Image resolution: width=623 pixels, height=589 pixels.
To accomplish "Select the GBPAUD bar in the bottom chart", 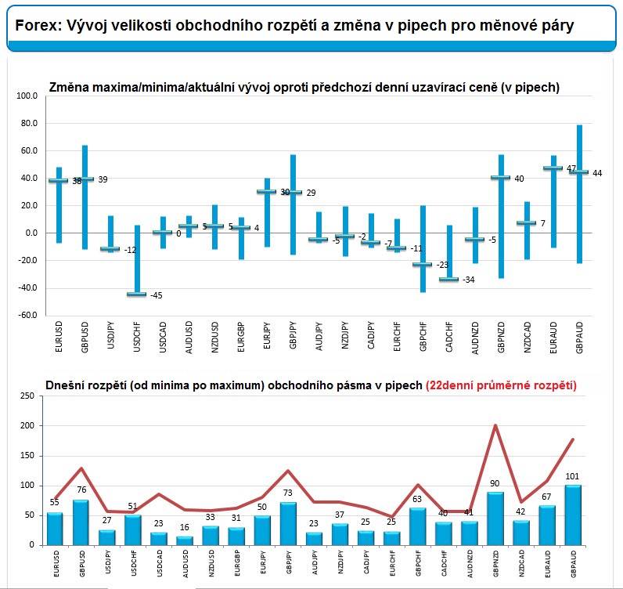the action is (x=573, y=515).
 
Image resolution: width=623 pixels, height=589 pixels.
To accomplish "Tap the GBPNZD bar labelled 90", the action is (x=495, y=519).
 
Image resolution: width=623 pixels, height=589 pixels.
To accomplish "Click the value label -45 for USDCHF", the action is (x=157, y=295).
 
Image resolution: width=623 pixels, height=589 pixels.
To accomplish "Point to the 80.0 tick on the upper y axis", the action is (x=30, y=123).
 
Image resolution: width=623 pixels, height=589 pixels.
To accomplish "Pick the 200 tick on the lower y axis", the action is (x=27, y=425).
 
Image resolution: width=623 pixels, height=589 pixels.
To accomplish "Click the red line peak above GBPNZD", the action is (x=495, y=425).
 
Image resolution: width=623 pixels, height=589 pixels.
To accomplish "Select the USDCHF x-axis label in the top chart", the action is (x=137, y=338).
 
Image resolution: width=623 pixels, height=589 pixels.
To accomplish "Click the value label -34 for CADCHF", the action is (x=469, y=280).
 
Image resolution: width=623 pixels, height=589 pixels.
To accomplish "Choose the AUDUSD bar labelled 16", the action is (x=185, y=541).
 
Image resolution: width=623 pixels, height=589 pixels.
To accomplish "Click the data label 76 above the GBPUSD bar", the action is (x=81, y=490).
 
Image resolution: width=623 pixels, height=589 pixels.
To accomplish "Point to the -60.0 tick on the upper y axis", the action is (x=27, y=315).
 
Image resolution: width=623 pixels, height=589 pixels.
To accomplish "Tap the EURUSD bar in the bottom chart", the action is (x=55, y=529).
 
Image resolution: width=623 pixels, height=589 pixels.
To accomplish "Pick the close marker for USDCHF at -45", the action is (x=137, y=294).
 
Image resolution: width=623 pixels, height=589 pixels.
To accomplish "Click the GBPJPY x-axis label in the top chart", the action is (x=293, y=336).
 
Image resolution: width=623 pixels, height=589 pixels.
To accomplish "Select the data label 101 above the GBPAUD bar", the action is (x=572, y=476).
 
